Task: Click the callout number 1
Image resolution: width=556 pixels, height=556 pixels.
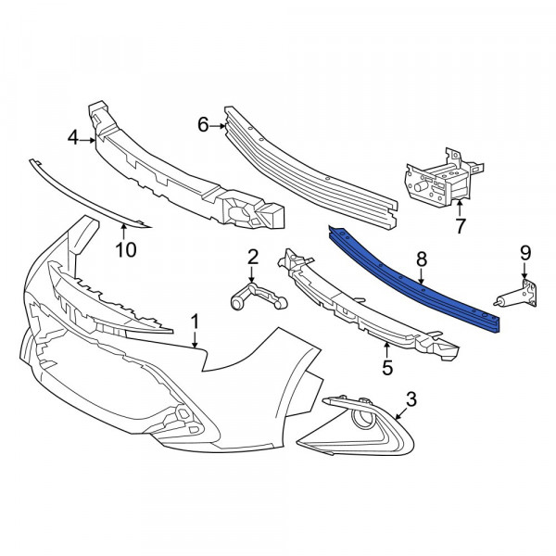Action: point(195,322)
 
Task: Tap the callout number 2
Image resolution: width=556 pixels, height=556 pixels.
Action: point(252,258)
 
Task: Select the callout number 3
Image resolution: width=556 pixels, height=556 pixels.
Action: point(411,399)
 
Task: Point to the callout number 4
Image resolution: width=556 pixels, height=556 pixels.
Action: point(73,137)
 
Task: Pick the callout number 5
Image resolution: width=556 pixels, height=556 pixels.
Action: point(387,367)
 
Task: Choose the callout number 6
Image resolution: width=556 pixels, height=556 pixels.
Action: point(203,125)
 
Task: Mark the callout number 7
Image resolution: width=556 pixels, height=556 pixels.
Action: point(460,226)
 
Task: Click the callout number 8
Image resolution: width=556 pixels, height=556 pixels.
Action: point(422,259)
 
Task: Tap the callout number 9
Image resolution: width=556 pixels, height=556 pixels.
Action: point(525,253)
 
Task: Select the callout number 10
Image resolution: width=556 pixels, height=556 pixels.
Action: point(126,250)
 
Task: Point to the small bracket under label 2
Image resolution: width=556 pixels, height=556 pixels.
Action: point(259,296)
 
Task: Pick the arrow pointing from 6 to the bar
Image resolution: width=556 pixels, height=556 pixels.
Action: point(218,125)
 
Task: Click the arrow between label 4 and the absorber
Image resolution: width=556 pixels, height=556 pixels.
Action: point(87,141)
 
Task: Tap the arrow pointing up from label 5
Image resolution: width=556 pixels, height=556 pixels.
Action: point(386,349)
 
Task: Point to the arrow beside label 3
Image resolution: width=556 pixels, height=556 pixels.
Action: point(401,413)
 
